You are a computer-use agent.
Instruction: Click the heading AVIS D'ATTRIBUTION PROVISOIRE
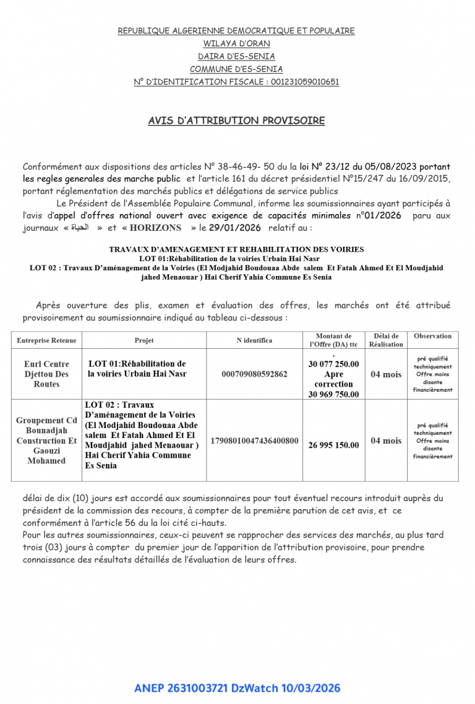click(x=236, y=121)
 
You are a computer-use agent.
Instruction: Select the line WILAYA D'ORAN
click(x=236, y=43)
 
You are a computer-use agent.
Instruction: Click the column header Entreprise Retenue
click(x=46, y=340)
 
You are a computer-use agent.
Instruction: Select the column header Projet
click(x=144, y=340)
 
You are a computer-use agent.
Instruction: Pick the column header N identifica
click(x=254, y=340)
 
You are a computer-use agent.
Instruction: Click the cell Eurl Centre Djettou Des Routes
click(x=46, y=374)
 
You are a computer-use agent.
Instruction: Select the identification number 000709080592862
click(x=254, y=374)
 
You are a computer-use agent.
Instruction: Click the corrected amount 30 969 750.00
click(x=333, y=394)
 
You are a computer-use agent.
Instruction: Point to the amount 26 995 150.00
click(x=333, y=445)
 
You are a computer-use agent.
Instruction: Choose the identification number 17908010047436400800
click(x=254, y=440)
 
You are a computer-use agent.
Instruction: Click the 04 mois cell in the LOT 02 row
click(x=386, y=440)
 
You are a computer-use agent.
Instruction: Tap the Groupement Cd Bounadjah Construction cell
click(x=46, y=440)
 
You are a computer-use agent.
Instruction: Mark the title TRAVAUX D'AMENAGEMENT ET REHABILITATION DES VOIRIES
click(x=236, y=249)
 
